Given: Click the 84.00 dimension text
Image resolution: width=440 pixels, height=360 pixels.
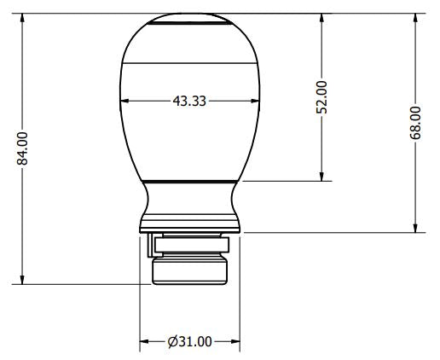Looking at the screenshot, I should [23, 148].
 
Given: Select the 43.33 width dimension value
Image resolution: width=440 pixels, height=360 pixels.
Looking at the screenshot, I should [188, 101].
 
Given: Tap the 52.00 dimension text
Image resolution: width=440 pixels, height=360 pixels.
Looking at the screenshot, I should [321, 96].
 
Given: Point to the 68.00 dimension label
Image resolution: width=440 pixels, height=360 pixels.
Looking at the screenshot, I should [415, 122].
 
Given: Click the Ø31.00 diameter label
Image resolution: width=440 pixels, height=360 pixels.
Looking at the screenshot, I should [189, 341].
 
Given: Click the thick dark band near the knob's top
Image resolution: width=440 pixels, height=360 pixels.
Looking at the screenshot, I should [188, 26].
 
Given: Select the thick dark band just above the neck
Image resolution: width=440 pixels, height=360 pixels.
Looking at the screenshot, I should [189, 181].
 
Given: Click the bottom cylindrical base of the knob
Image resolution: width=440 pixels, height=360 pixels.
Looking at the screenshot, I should [189, 271].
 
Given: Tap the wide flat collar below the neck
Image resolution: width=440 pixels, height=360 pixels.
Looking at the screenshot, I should [189, 227].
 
